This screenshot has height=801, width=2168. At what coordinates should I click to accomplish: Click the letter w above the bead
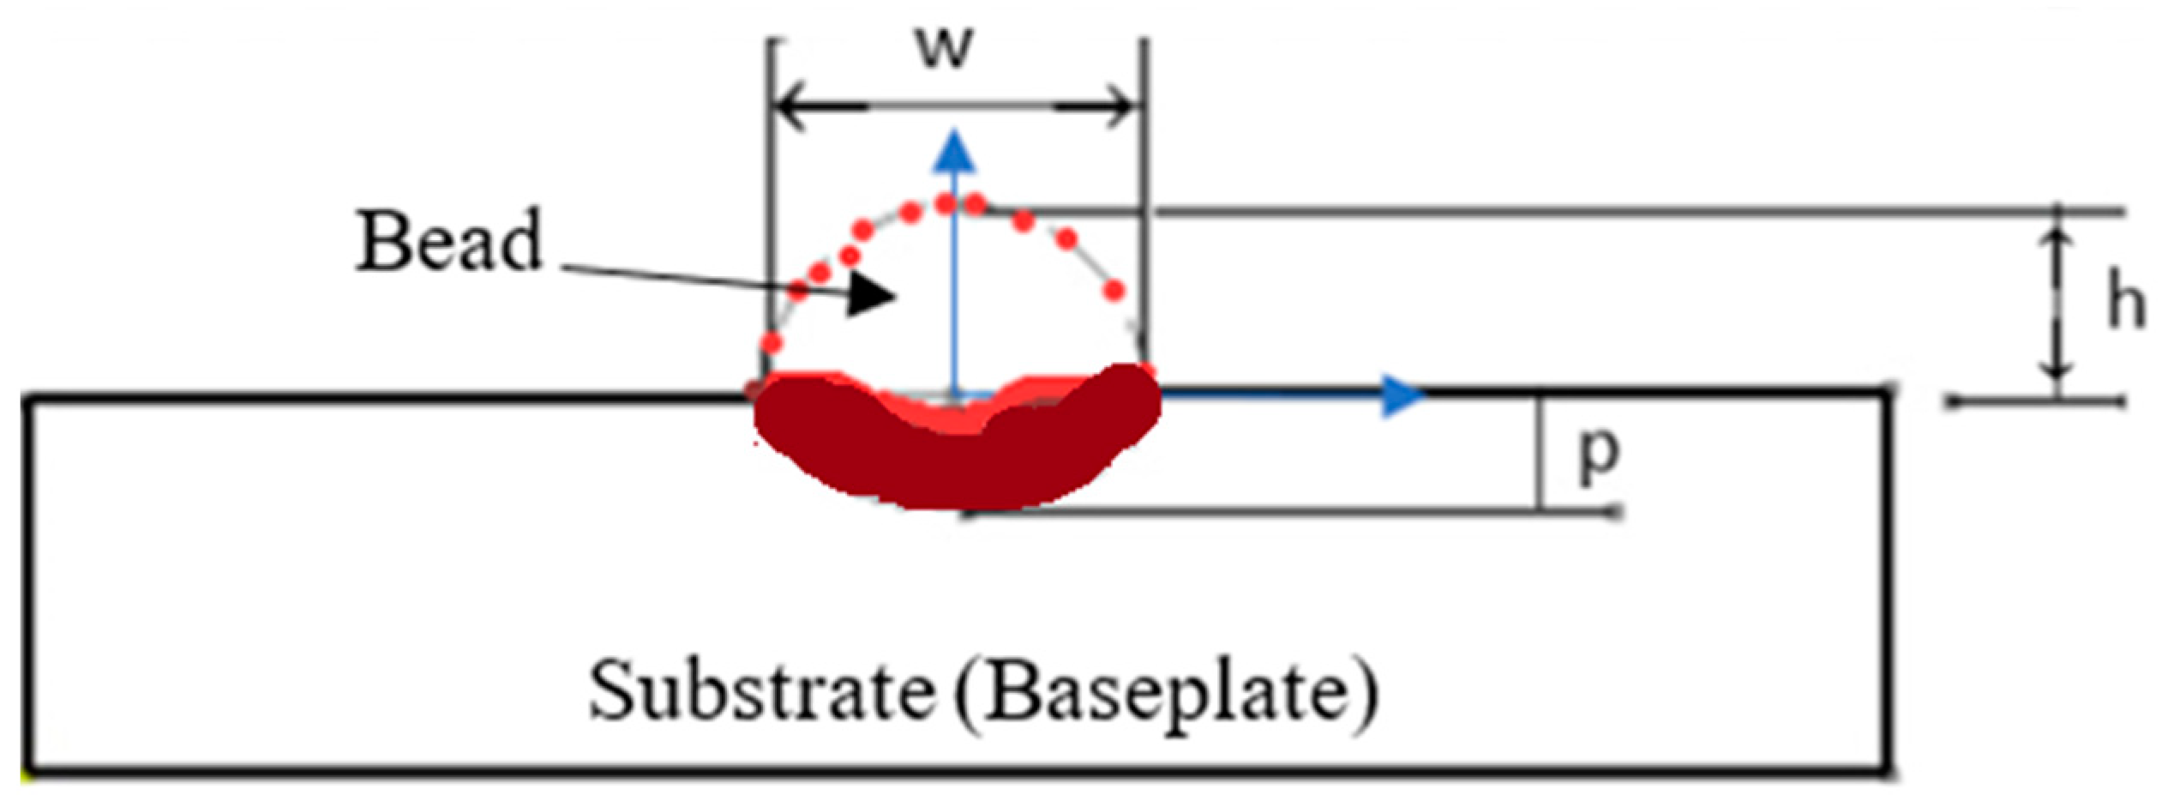click(x=945, y=50)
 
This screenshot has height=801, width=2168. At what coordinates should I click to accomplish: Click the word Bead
click(x=449, y=242)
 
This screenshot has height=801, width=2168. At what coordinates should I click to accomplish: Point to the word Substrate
click(x=760, y=693)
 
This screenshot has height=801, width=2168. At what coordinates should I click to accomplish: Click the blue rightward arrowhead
click(x=1402, y=396)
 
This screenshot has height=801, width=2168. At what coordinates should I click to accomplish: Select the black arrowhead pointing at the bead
click(x=870, y=297)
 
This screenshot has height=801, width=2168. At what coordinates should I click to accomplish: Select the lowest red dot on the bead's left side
click(x=772, y=344)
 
